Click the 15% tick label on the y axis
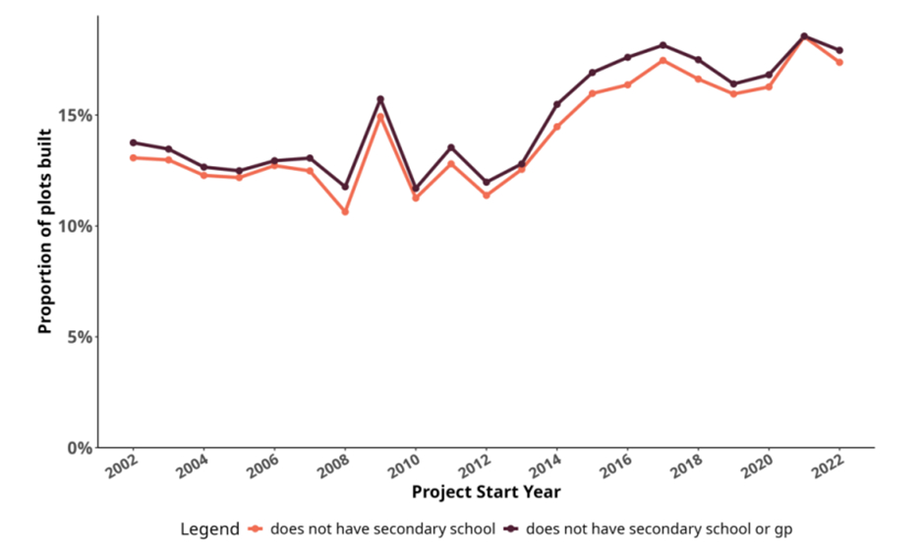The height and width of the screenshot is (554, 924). click(77, 115)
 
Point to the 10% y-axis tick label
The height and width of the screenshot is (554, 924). click(77, 226)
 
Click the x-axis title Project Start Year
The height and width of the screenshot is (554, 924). click(486, 491)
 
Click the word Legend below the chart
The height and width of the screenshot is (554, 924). click(209, 529)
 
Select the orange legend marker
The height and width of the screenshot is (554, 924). click(257, 529)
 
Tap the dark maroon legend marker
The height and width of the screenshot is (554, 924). click(511, 529)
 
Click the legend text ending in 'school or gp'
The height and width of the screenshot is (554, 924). click(659, 529)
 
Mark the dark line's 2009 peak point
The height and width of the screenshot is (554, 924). click(380, 99)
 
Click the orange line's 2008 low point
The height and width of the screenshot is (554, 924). click(345, 212)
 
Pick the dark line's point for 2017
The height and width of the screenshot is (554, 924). click(664, 45)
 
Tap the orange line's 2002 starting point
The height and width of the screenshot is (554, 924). click(133, 158)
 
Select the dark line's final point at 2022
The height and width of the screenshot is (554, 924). click(840, 50)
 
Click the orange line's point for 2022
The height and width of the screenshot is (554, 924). click(840, 62)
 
